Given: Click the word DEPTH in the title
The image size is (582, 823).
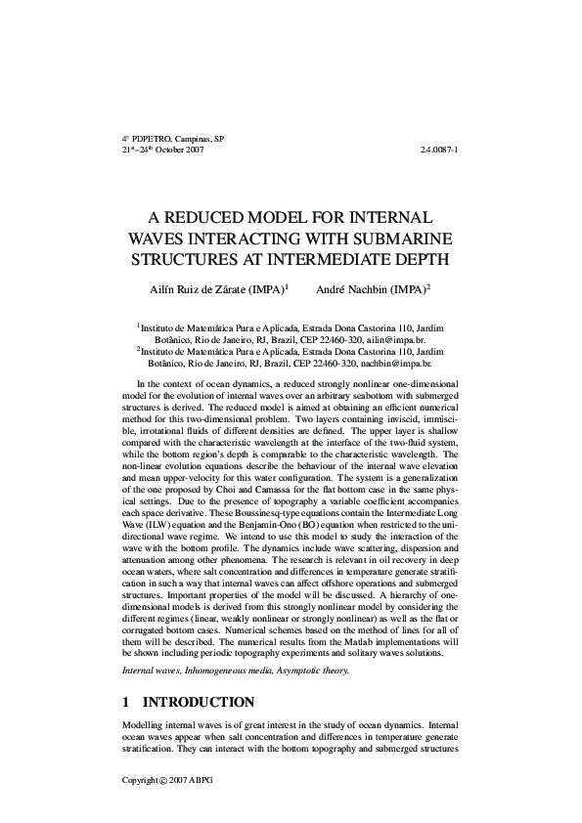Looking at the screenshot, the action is pos(417,259).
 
